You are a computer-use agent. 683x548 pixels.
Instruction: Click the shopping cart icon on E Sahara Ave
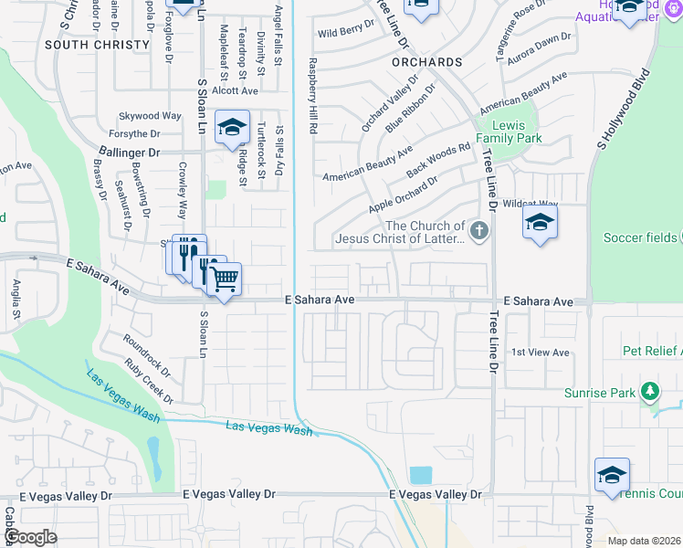point(225,278)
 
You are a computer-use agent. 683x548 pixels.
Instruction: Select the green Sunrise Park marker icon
point(649,392)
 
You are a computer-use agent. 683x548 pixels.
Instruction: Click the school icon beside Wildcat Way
point(540,222)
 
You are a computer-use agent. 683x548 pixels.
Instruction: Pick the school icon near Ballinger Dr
point(232,127)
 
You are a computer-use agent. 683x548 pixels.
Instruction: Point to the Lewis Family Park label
point(516,132)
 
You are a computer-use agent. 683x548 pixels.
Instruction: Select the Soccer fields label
point(640,238)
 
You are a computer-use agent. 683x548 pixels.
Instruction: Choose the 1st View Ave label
point(540,353)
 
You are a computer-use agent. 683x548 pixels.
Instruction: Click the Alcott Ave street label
point(235,90)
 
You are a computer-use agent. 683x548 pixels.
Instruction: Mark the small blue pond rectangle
point(421,475)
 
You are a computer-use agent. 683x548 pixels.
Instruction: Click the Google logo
point(30,537)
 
